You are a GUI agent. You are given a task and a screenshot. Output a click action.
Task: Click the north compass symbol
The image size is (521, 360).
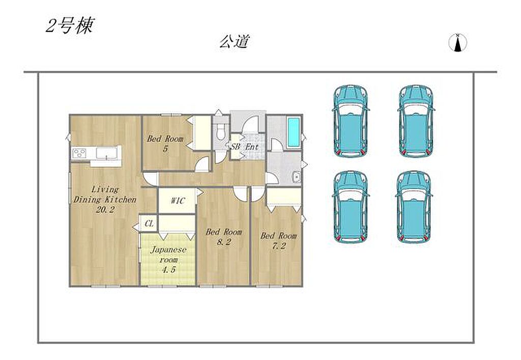[x=457, y=43]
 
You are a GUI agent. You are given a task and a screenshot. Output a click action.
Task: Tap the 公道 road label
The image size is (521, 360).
[x=234, y=42]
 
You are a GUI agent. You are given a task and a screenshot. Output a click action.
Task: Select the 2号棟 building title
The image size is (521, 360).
[x=70, y=25]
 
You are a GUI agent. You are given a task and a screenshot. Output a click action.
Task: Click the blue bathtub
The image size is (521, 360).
[x=294, y=132]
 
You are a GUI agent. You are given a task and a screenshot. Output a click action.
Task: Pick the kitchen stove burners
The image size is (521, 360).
[x=79, y=153]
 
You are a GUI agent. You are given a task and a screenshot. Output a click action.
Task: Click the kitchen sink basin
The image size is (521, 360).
[x=106, y=153]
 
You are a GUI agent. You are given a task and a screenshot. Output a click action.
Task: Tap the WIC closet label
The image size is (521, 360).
[x=178, y=201]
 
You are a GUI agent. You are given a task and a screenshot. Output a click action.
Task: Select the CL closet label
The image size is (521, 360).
[x=149, y=224]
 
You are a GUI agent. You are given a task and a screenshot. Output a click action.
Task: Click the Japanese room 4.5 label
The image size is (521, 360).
[x=168, y=259]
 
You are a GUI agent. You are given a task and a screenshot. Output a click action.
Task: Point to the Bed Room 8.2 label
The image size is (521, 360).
[x=224, y=237]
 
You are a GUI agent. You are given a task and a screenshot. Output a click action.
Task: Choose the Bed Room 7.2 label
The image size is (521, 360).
[x=278, y=241]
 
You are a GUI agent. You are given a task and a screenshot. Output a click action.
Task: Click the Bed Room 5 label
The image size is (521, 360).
[x=165, y=143]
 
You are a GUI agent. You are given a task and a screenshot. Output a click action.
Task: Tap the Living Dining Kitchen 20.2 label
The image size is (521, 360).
[x=105, y=200]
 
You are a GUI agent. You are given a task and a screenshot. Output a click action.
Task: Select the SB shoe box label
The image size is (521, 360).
[x=235, y=147]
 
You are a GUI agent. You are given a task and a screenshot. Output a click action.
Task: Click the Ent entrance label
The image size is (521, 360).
[x=252, y=147]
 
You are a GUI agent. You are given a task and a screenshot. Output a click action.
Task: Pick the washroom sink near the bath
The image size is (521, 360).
[x=296, y=177]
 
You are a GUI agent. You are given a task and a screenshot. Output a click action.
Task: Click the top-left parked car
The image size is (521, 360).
[x=351, y=121]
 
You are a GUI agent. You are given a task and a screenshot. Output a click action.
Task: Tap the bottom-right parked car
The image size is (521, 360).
[x=414, y=207]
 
